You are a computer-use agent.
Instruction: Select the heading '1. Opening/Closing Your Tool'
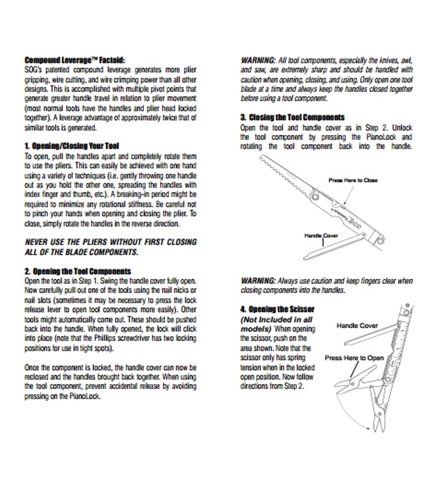pyautogui.click(x=72, y=146)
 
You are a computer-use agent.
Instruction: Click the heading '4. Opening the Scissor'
pyautogui.click(x=278, y=309)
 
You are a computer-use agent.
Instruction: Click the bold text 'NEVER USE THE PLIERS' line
pyautogui.click(x=102, y=242)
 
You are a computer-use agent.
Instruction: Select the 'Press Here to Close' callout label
pyautogui.click(x=353, y=180)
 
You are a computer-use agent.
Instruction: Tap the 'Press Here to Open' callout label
pyautogui.click(x=354, y=358)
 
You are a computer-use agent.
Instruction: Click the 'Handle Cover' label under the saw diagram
pyautogui.click(x=321, y=234)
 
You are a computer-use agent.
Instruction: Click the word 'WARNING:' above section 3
pyautogui.click(x=258, y=61)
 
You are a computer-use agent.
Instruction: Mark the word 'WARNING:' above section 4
pyautogui.click(x=258, y=281)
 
